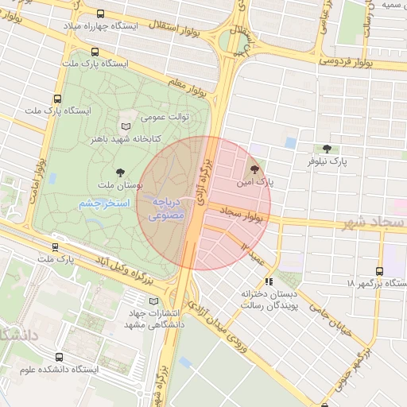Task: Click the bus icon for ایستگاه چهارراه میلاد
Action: tap(100, 14)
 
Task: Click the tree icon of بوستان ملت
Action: tap(120, 172)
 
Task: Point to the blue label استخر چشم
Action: tap(104, 204)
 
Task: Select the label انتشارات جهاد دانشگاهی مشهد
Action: tap(155, 318)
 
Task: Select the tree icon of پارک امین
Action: tap(254, 169)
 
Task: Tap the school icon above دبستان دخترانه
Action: tap(269, 281)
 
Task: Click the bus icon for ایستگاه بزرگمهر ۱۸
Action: tap(379, 271)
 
